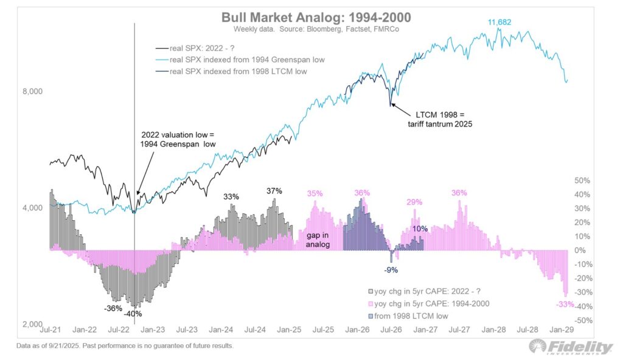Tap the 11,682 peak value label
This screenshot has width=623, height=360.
pos(499,22)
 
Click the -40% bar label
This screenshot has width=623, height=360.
pos(134,313)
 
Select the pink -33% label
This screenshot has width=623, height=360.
pos(565,304)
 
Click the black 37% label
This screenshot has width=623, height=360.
pos(274,191)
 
